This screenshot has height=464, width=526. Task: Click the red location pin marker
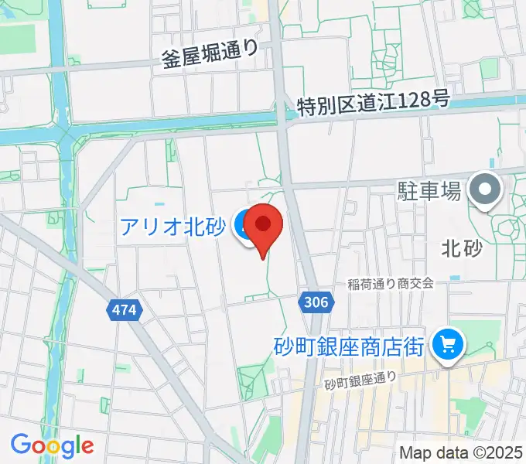(x=263, y=225)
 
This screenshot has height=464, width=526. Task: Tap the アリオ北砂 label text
(x=172, y=227)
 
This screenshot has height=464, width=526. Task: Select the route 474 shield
(x=124, y=309)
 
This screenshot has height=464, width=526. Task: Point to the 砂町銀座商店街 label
(x=349, y=345)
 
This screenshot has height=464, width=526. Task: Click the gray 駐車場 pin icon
(x=486, y=189)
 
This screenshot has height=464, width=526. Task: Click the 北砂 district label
(x=462, y=248)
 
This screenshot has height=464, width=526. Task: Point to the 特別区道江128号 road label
(x=374, y=101)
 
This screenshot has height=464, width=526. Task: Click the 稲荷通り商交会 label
(x=390, y=284)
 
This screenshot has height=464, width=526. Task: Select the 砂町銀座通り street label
(x=360, y=380)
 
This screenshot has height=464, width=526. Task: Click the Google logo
(x=52, y=445)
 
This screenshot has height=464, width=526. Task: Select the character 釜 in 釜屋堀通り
(x=169, y=59)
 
